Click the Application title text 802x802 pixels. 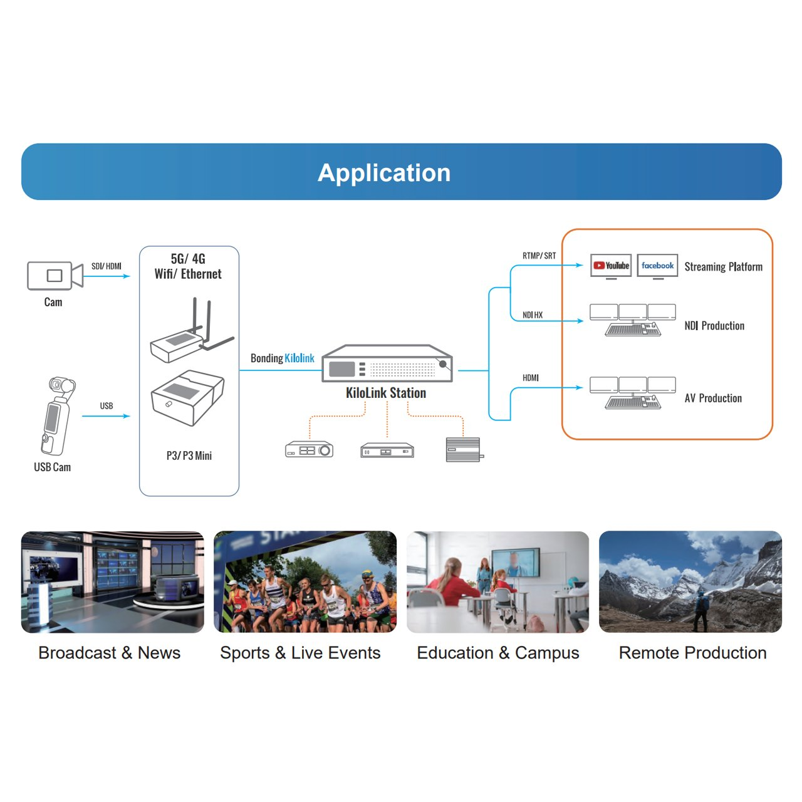(x=384, y=173)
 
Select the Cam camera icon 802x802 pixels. (x=55, y=276)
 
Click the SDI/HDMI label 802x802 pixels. (x=107, y=266)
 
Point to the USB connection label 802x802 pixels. (x=107, y=406)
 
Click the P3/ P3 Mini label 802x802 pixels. (x=189, y=456)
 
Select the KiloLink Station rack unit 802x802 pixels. (x=387, y=364)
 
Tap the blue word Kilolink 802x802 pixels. (x=299, y=358)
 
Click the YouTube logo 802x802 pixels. (x=611, y=266)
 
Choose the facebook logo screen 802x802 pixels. (x=657, y=266)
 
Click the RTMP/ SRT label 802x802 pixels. (x=539, y=256)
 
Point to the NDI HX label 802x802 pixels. (x=533, y=315)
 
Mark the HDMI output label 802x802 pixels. (x=531, y=378)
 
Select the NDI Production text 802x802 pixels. (x=714, y=326)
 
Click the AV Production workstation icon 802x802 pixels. (x=633, y=393)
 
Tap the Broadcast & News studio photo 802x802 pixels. (x=113, y=582)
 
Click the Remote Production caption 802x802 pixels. (x=692, y=653)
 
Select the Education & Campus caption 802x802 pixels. (x=498, y=653)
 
